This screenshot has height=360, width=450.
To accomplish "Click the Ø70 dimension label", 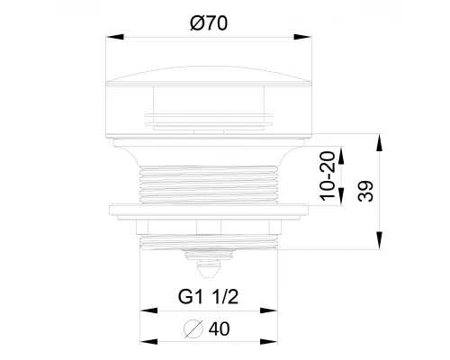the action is [x=209, y=23].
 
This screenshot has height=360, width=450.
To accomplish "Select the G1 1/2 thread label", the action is [x=208, y=297].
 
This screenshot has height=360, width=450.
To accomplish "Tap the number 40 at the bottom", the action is [x=220, y=328].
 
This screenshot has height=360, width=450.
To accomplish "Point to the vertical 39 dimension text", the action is [x=365, y=191].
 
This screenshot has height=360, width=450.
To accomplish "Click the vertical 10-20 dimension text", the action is [x=328, y=176].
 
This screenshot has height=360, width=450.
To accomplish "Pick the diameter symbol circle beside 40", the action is [x=193, y=329].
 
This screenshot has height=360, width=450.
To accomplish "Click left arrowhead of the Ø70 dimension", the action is [x=115, y=37].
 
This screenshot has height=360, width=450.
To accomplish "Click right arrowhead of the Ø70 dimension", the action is [x=302, y=37].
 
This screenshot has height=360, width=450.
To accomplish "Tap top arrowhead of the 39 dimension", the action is [x=380, y=143].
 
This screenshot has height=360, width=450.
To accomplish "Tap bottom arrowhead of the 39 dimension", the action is [x=380, y=240].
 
